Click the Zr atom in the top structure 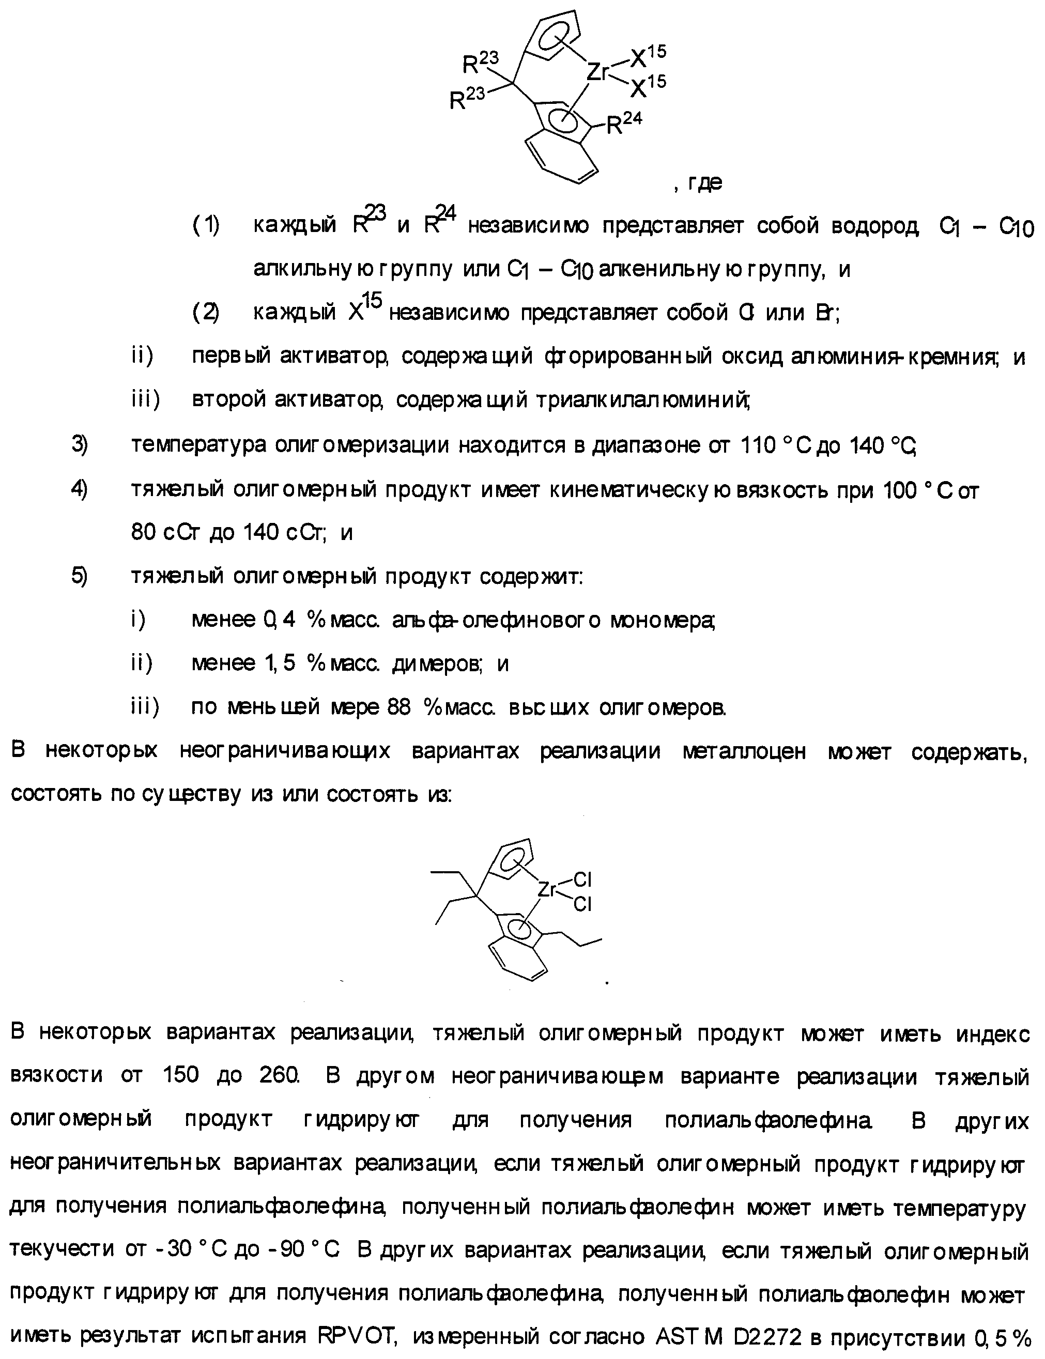(598, 73)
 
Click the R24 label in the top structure (623, 125)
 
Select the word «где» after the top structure (705, 183)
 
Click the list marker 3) (79, 445)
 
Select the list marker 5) (79, 576)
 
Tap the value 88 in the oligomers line (398, 707)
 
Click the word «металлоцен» (744, 751)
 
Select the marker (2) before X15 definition (205, 312)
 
